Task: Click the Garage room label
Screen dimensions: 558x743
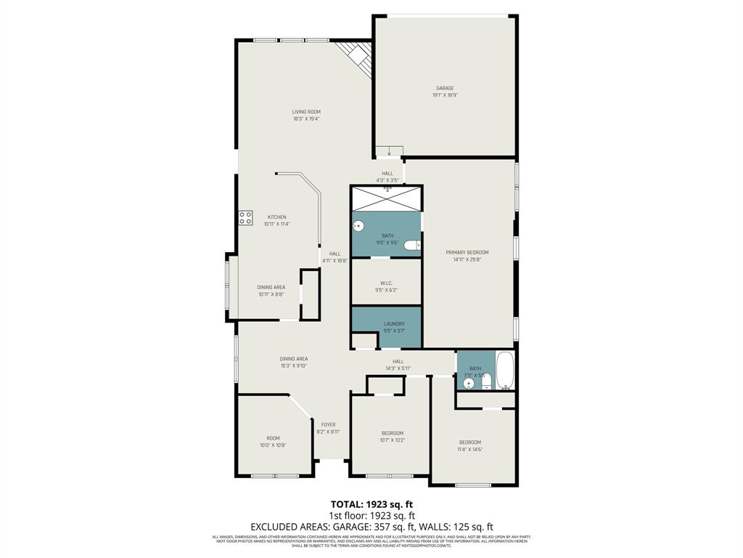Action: click(445, 89)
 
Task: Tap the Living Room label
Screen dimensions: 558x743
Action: click(306, 112)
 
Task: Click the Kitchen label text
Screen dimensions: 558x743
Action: click(276, 217)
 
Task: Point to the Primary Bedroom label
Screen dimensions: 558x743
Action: click(467, 252)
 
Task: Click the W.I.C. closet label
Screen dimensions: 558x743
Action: click(387, 283)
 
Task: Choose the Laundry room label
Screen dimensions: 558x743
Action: click(394, 324)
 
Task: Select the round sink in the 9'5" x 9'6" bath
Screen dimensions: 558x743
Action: click(357, 226)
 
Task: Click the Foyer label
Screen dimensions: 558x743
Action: click(328, 425)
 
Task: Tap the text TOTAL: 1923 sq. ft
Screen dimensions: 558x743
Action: click(371, 504)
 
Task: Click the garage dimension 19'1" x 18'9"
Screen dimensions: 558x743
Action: click(445, 95)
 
